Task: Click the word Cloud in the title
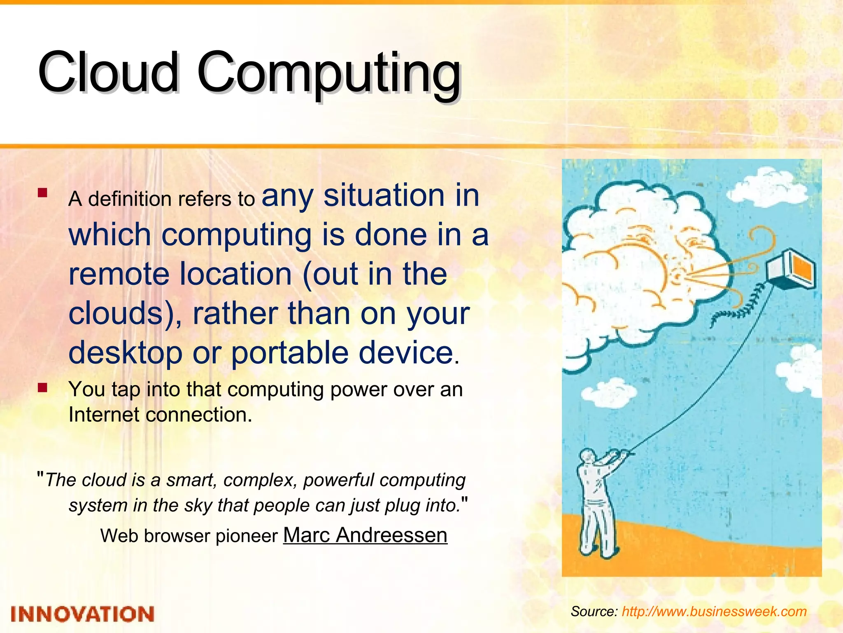click(x=108, y=72)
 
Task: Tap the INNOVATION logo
click(x=82, y=614)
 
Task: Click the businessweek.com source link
click(x=714, y=611)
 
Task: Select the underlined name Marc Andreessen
click(x=365, y=535)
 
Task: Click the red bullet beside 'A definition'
click(x=42, y=193)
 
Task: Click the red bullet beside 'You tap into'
click(x=42, y=388)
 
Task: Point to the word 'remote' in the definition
click(x=119, y=274)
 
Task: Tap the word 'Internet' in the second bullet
click(x=103, y=415)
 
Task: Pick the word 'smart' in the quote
click(x=191, y=480)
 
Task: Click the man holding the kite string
click(x=597, y=503)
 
